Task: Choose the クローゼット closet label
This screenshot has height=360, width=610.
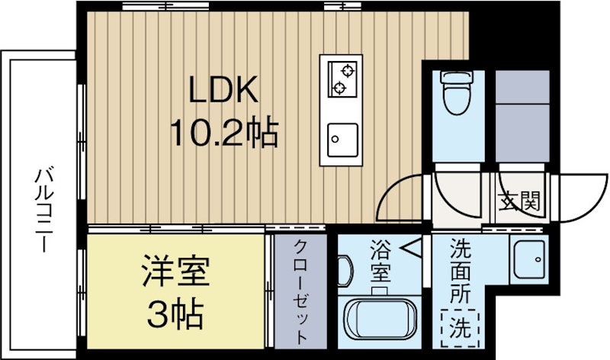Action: [x=300, y=293]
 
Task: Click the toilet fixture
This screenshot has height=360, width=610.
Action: [x=457, y=95]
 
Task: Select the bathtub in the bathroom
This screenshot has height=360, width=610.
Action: [x=380, y=323]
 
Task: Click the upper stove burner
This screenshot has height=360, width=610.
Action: [x=347, y=72]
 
